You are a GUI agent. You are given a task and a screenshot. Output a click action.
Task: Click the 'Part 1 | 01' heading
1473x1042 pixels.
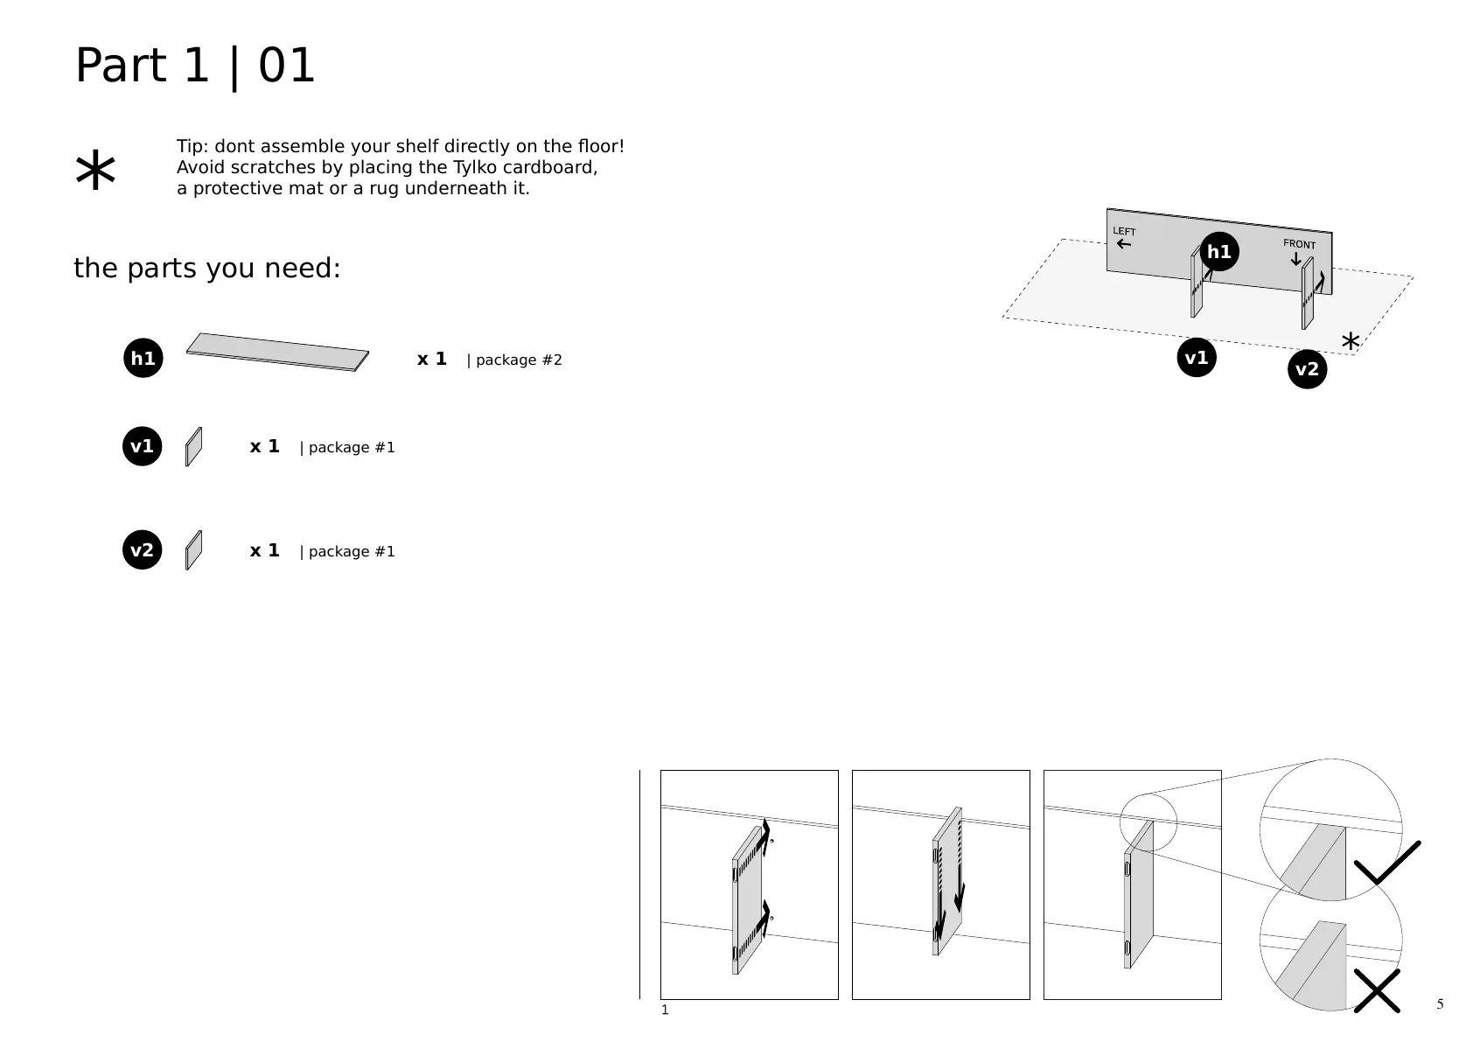tap(195, 66)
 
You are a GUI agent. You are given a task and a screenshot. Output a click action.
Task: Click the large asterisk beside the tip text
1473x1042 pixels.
tap(95, 171)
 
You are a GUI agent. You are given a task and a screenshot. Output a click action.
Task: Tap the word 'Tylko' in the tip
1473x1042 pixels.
tap(474, 167)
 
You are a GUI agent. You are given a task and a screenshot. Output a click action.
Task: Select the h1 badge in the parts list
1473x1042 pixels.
tap(143, 358)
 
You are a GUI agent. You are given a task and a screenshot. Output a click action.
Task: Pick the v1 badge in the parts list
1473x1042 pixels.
tap(143, 446)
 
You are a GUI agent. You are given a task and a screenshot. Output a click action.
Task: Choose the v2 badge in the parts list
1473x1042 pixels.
tap(143, 550)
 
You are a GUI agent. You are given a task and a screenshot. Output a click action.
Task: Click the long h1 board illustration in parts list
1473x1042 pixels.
tap(277, 352)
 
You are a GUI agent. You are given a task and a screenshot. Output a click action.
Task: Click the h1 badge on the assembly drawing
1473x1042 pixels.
tap(1219, 252)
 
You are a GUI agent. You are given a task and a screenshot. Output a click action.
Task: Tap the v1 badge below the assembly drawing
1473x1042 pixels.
tap(1197, 357)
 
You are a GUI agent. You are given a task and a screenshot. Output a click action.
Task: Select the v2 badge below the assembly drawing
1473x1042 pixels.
tap(1307, 369)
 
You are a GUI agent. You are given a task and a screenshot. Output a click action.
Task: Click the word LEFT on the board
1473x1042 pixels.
tap(1124, 231)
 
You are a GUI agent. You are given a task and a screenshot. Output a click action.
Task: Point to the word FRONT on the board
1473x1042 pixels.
tap(1299, 244)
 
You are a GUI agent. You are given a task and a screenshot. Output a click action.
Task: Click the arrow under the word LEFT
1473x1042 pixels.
tap(1124, 244)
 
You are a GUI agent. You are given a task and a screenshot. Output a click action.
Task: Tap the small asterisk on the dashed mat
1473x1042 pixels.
tap(1351, 342)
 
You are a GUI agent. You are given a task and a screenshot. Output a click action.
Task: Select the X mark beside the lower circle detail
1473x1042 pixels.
tap(1377, 990)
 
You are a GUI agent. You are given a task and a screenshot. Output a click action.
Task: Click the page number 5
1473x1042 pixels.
tap(1440, 1004)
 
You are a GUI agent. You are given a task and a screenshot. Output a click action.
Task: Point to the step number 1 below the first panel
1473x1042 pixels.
tap(665, 1011)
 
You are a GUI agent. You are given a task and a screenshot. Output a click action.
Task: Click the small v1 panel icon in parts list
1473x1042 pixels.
tap(194, 447)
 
